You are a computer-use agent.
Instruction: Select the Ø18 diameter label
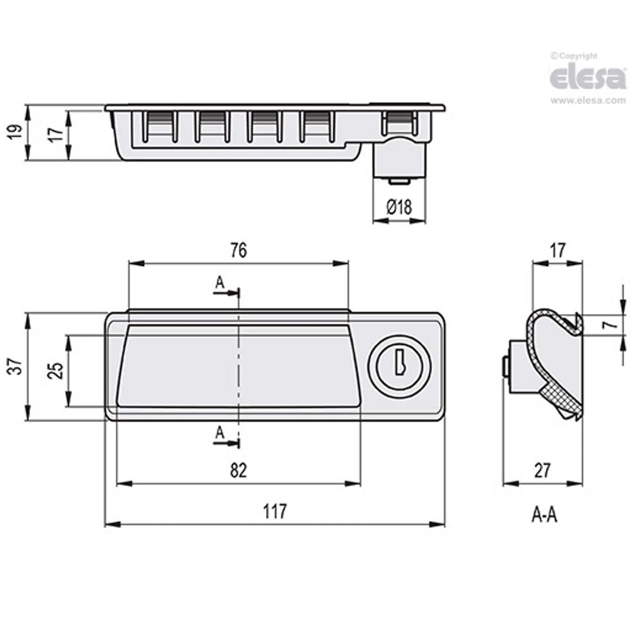point(399,207)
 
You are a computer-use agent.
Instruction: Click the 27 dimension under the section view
point(542,471)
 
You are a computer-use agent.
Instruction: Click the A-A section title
point(544,515)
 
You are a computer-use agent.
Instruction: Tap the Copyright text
point(575,56)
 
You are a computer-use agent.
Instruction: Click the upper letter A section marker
point(220,282)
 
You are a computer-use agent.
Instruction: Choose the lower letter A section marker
point(220,432)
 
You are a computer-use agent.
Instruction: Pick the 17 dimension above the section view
point(557,251)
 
